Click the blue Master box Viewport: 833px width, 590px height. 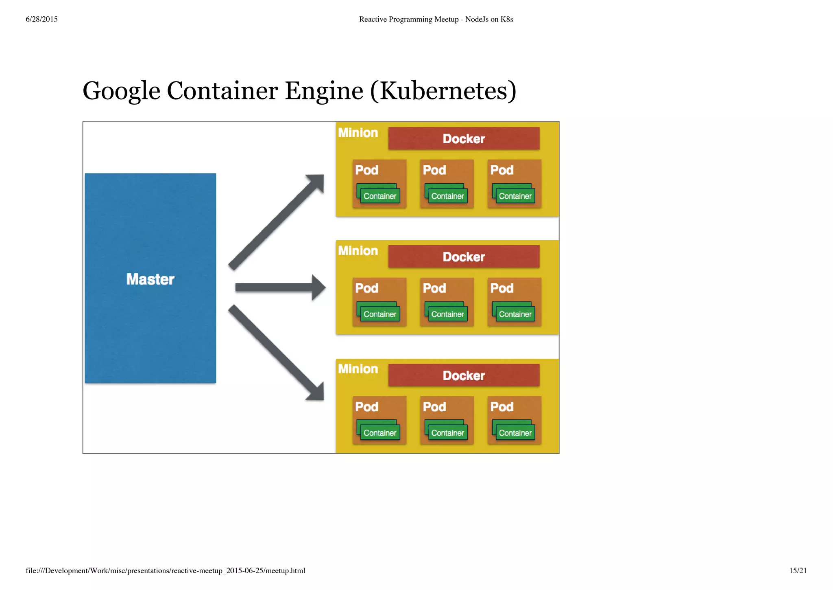pos(150,278)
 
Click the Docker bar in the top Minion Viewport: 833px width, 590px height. pos(464,138)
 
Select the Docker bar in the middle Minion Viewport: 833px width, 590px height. pos(464,257)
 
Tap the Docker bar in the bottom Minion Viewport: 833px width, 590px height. pos(464,375)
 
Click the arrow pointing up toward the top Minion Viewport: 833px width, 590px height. pos(277,222)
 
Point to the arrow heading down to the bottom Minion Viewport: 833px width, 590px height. pos(277,353)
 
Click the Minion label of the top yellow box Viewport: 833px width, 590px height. pos(358,133)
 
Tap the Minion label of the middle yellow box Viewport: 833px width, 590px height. pos(358,251)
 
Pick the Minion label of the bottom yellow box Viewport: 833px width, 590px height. pos(358,369)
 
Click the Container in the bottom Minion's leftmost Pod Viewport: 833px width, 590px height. pos(379,432)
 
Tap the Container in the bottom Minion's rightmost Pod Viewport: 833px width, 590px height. pos(515,432)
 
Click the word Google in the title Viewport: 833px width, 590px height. pos(121,90)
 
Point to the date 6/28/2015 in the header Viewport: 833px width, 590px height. pos(41,19)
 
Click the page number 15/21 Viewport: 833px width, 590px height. pos(798,570)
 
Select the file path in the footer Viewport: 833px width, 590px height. pos(165,570)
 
